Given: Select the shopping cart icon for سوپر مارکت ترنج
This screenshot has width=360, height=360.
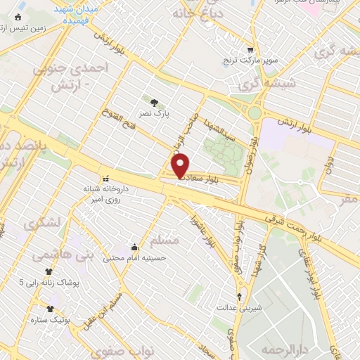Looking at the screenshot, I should tap(250, 49).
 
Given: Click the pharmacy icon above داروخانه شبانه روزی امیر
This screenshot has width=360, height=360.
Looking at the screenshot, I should tap(105, 179).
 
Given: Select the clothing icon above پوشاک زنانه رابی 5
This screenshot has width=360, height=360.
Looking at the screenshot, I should tap(49, 271).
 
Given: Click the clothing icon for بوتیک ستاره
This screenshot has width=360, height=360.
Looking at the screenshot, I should tap(51, 308).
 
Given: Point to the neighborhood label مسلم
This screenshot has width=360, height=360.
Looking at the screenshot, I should tap(166, 240).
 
